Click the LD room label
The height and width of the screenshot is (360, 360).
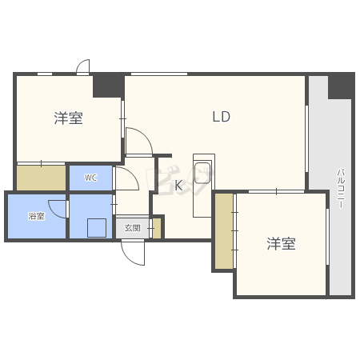(221, 117)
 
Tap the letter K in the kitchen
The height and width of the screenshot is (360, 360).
(178, 185)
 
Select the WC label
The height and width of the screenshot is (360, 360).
(90, 178)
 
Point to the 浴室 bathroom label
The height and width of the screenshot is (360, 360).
(36, 216)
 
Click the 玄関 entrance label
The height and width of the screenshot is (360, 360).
(132, 228)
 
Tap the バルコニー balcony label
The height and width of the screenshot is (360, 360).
(341, 188)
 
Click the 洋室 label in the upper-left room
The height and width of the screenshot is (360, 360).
(68, 118)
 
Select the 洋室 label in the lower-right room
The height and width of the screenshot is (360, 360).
(281, 243)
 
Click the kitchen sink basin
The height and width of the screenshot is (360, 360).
(202, 173)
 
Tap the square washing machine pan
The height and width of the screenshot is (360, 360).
(97, 228)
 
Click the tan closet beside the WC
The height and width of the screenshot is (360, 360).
(42, 178)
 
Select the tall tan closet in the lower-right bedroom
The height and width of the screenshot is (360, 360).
(224, 231)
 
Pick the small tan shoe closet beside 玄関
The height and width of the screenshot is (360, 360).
(157, 228)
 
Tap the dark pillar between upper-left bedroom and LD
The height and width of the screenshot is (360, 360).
(108, 86)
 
